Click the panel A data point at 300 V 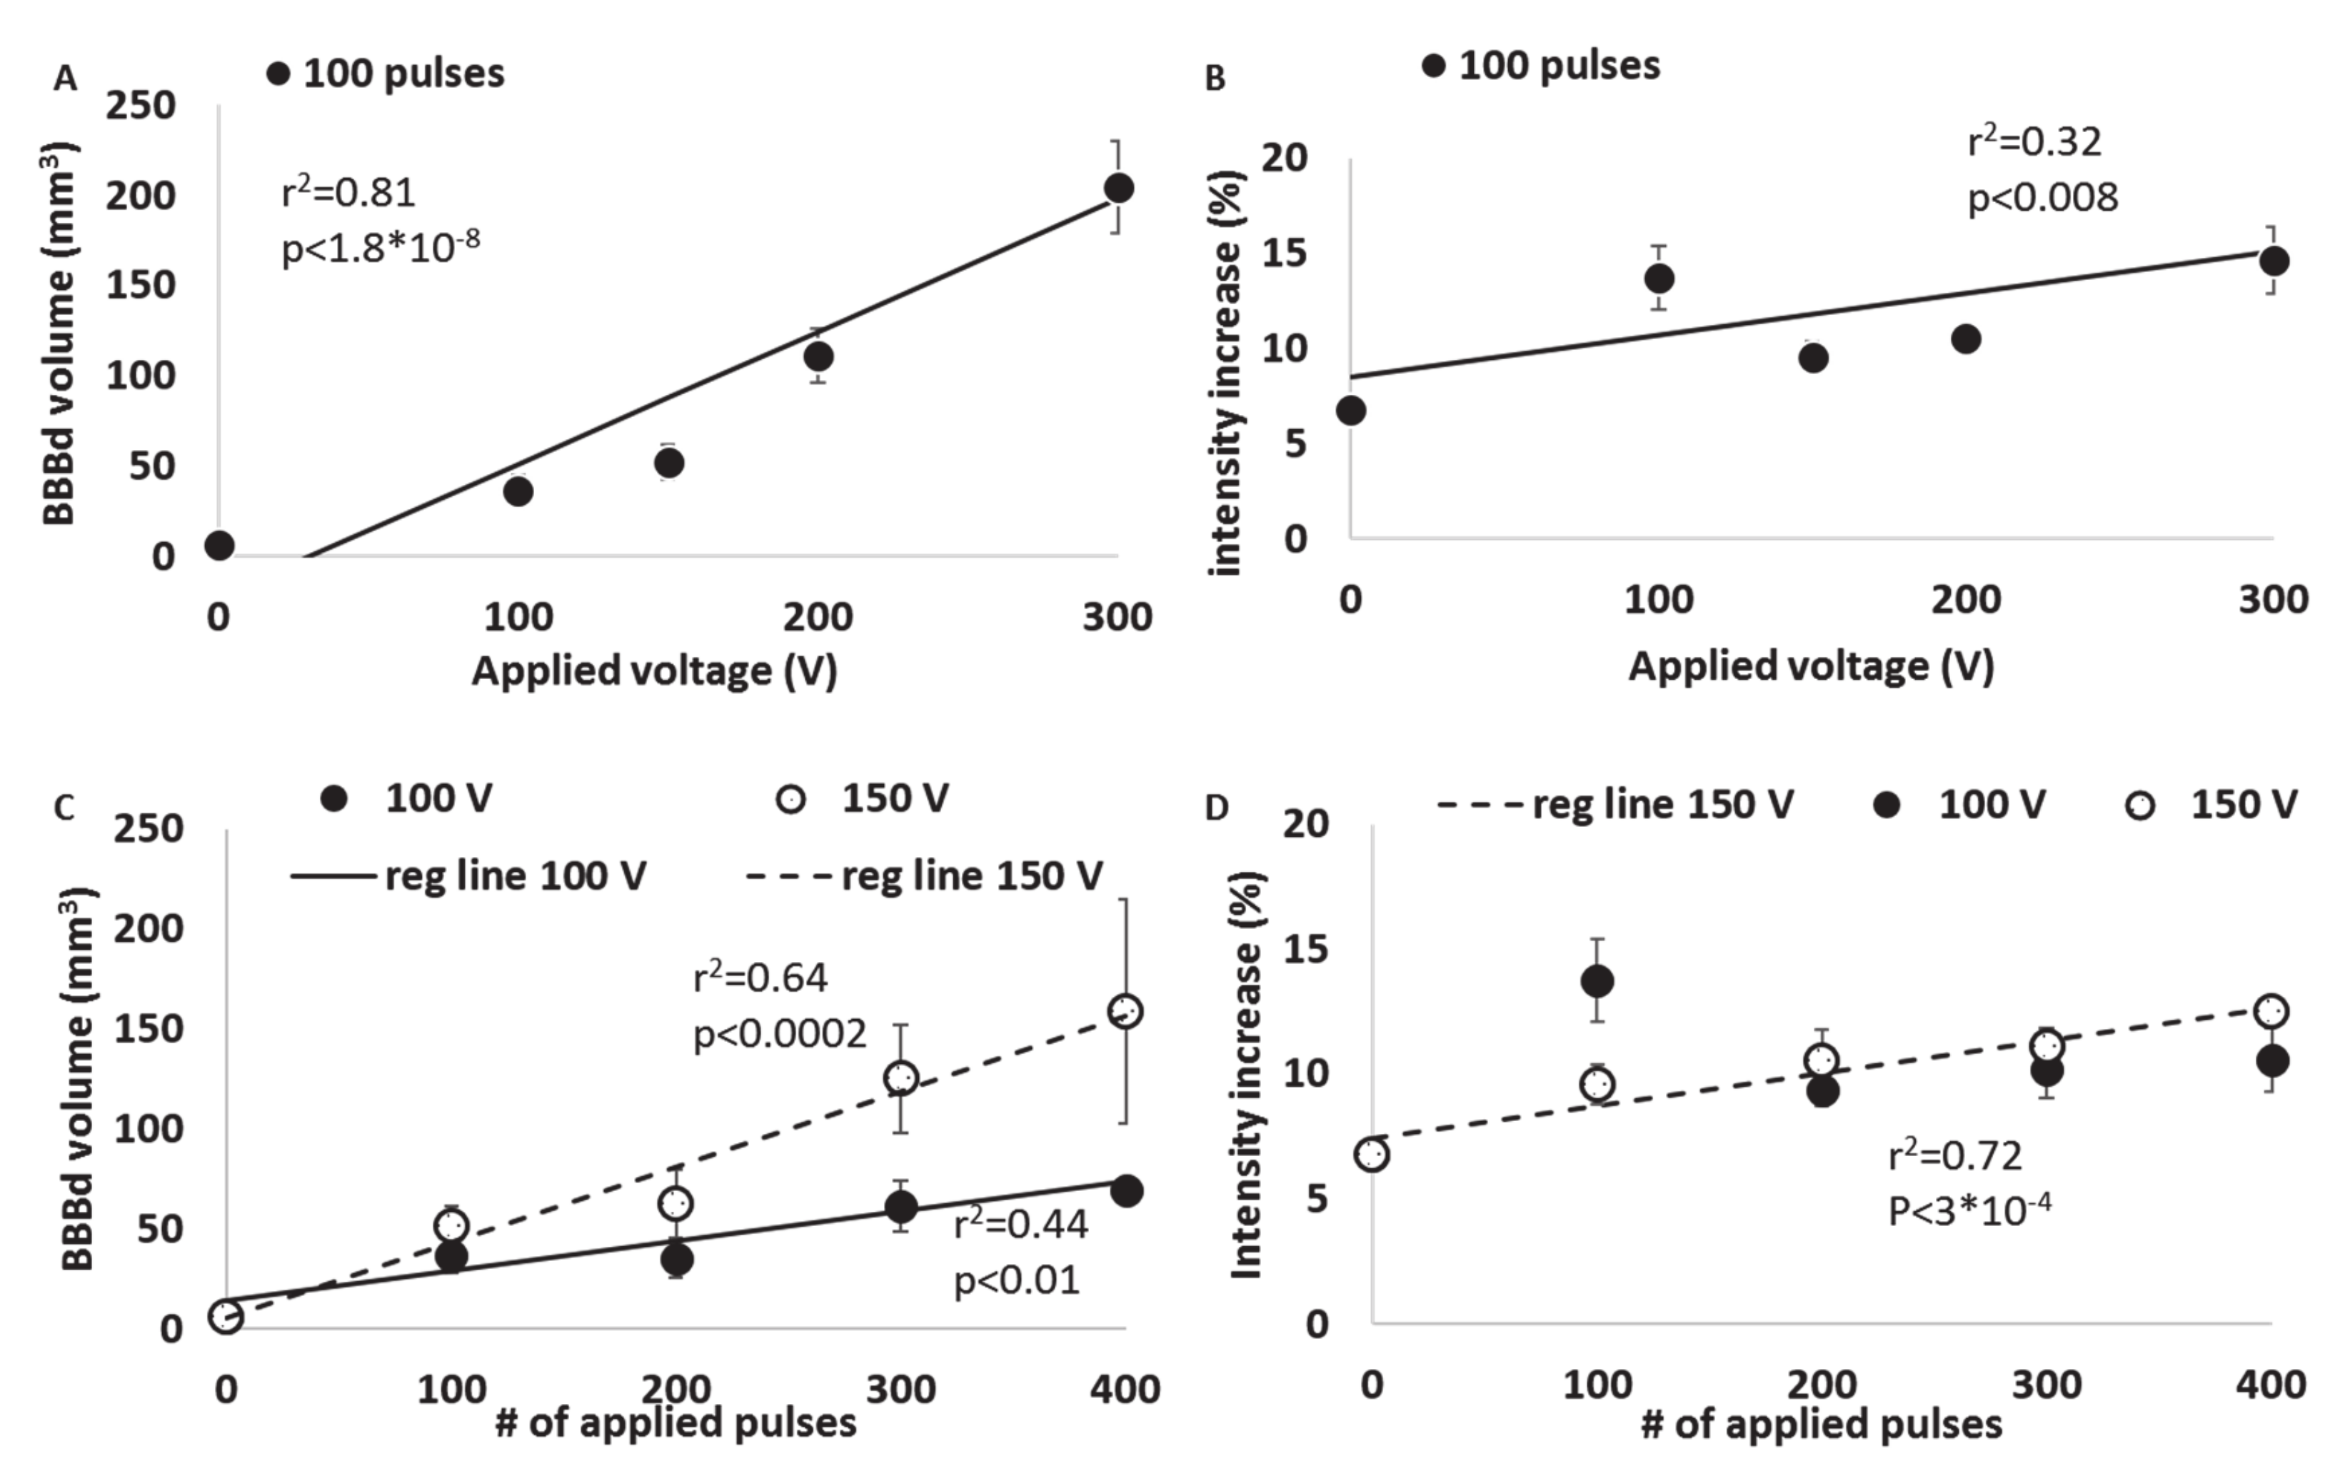click(1118, 188)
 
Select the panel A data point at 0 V click(220, 546)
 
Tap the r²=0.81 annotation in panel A click(348, 193)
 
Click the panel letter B click(1215, 79)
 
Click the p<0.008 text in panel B click(2042, 199)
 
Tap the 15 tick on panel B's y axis click(1284, 253)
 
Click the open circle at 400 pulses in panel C click(1125, 1011)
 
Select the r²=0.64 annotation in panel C click(760, 977)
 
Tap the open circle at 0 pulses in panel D click(1372, 1155)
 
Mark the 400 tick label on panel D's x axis click(2270, 1385)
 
